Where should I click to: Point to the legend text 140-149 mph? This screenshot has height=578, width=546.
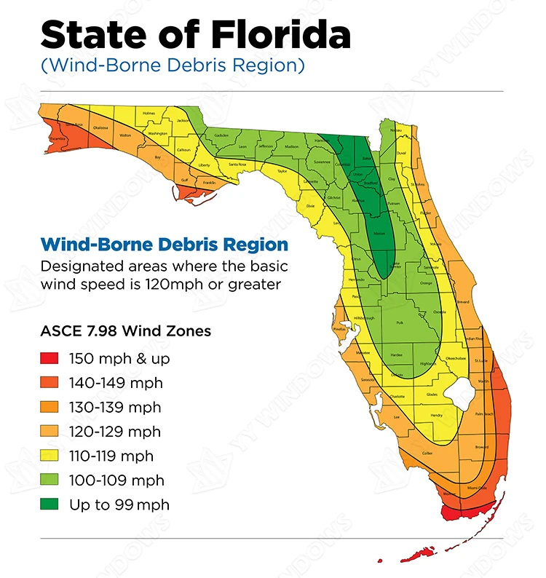point(116,383)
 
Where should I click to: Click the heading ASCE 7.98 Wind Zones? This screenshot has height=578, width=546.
point(125,331)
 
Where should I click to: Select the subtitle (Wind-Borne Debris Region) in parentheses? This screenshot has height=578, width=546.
point(173,65)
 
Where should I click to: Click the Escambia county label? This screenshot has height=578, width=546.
point(58,138)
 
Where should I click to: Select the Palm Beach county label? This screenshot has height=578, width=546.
point(484,413)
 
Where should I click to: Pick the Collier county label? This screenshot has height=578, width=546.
point(427,453)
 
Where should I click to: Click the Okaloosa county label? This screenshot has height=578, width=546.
point(100,127)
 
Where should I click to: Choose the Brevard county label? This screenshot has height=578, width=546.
point(462,302)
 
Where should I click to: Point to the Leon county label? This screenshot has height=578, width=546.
point(242,146)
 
